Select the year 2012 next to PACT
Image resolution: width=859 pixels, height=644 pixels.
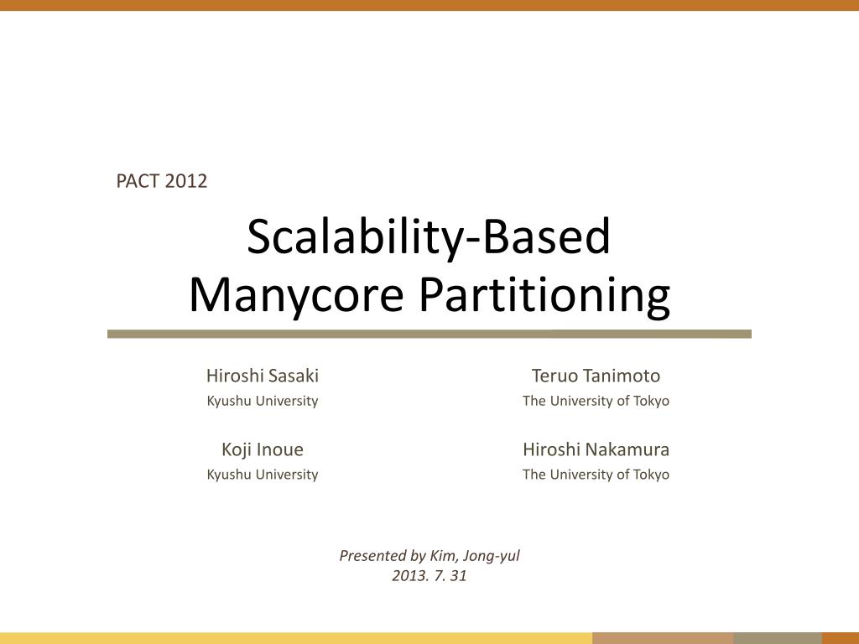coord(185,180)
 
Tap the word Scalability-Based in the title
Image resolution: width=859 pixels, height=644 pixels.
coord(429,237)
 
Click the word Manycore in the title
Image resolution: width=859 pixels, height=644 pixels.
coord(296,294)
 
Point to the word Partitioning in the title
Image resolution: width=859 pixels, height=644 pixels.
coord(544,294)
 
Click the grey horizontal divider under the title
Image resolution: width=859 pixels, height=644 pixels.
coord(429,334)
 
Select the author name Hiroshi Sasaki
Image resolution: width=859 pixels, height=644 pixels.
coord(263,376)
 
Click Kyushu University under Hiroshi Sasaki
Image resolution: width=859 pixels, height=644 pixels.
coord(263,401)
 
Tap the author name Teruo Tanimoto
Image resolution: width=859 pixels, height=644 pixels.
coord(596,376)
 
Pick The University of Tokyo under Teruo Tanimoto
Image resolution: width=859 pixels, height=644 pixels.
coord(596,401)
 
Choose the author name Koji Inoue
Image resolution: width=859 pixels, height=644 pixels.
coord(263,449)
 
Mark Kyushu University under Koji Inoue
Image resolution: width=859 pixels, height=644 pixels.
coord(263,475)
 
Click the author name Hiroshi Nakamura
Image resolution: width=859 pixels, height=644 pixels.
coord(596,449)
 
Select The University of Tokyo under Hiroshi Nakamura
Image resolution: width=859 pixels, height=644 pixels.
coord(596,475)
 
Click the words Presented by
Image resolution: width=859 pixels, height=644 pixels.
coord(383,555)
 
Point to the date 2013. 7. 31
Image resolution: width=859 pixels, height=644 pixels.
coord(429,575)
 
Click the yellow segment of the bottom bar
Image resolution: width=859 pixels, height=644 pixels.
coord(294,638)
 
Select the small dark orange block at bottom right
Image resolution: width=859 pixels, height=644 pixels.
coord(840,638)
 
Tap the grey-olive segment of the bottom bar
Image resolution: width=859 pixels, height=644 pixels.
coord(777,638)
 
